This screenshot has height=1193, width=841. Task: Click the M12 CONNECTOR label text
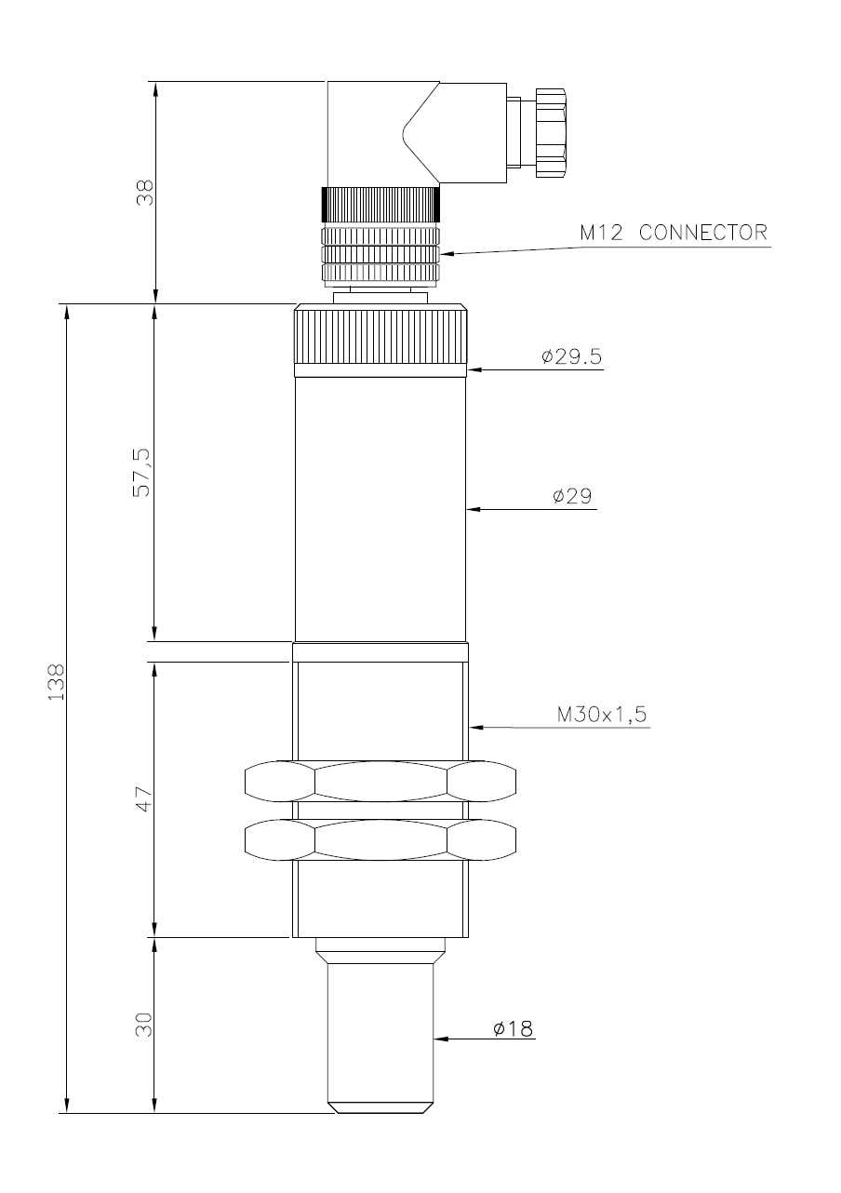coord(674,233)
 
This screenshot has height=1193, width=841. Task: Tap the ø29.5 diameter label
coord(571,355)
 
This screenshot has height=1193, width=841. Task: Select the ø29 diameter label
coord(572,496)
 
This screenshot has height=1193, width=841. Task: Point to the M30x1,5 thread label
coord(602,714)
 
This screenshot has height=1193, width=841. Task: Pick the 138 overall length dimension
coord(56,682)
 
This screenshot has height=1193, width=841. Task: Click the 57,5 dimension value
coord(142,473)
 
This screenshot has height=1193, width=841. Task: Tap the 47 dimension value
coord(144,799)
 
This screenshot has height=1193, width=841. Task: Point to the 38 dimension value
coord(144,193)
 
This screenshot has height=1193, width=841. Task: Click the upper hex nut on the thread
coord(380,782)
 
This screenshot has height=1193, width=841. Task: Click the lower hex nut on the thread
coord(380,840)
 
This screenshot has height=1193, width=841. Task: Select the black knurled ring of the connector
coord(380,204)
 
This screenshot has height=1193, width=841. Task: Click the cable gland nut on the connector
coord(551,133)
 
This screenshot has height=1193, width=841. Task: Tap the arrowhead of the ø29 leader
coord(474,509)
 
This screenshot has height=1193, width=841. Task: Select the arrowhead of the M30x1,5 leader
coord(476,727)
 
